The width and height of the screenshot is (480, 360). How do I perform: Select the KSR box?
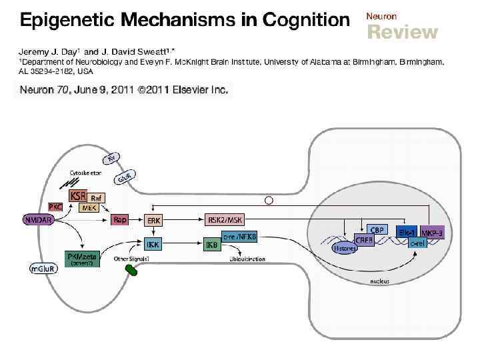coord(78,197)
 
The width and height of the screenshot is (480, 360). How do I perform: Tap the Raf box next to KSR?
coord(97,198)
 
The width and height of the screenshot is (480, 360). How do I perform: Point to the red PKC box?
coord(56,207)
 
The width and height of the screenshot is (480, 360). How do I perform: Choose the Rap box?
coord(120,219)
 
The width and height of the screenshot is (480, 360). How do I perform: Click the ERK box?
coord(155,219)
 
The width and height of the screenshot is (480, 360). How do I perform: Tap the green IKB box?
coord(213,246)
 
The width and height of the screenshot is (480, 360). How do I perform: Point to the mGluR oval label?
coord(41,268)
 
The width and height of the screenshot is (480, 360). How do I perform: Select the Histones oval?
coord(345,247)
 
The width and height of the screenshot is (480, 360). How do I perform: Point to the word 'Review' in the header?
coord(403,32)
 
